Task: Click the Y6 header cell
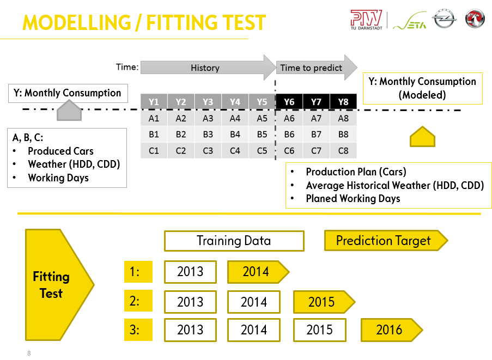tap(289, 102)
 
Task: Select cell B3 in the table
tap(208, 135)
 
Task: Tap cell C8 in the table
tap(343, 151)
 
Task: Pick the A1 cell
tap(154, 118)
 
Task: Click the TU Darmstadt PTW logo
tap(366, 20)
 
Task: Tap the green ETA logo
tap(410, 21)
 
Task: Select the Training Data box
tap(234, 241)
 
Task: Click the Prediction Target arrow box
tap(386, 241)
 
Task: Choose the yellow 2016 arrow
tap(392, 330)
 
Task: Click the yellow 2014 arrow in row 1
tap(258, 272)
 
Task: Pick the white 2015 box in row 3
tap(320, 330)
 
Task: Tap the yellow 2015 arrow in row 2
tap(324, 302)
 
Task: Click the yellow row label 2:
tap(138, 301)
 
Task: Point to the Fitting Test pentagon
tap(59, 285)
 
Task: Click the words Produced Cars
tap(60, 151)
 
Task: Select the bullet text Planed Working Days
tap(353, 198)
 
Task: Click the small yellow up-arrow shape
tap(422, 136)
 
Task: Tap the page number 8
tap(29, 353)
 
